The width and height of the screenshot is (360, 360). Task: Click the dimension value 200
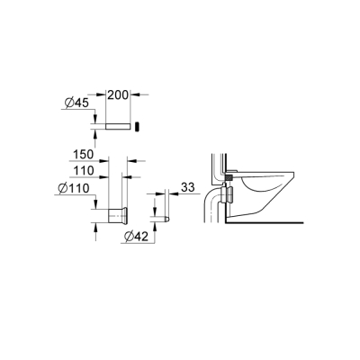click(120, 94)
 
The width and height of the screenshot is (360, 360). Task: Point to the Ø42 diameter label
click(133, 237)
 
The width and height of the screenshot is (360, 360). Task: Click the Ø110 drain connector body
click(115, 216)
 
